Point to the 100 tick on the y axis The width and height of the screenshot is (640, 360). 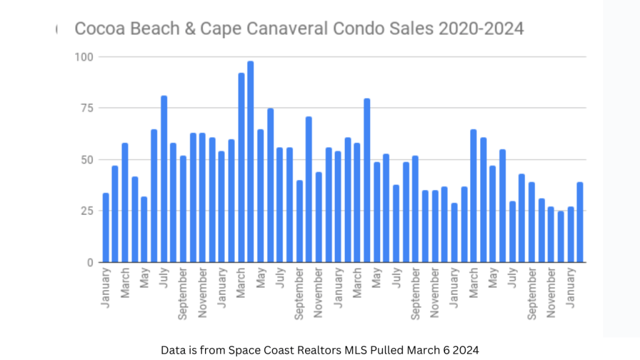(83, 57)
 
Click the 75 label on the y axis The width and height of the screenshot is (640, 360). (86, 108)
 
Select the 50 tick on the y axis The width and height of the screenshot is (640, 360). (86, 159)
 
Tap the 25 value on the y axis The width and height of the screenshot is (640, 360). (86, 211)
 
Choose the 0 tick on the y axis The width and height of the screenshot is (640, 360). (89, 262)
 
